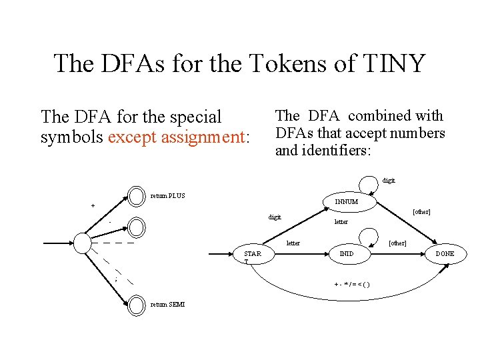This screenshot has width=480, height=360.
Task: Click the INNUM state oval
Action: click(x=347, y=201)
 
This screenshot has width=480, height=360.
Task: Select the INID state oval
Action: click(x=347, y=254)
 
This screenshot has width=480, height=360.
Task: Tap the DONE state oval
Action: click(x=445, y=254)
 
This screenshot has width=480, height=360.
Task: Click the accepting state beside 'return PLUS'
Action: click(x=137, y=195)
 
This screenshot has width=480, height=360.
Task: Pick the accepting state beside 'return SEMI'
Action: click(x=137, y=305)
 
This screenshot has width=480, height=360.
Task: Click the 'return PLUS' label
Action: click(x=168, y=195)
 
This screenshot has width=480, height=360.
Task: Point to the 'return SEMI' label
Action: click(x=168, y=305)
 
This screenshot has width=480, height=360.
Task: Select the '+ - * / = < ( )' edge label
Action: click(x=352, y=285)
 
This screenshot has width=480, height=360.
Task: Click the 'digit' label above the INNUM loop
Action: click(x=389, y=180)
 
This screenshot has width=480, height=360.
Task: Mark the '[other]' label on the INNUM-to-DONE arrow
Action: click(x=421, y=212)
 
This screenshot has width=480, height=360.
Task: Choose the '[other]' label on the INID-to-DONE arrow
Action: click(x=397, y=243)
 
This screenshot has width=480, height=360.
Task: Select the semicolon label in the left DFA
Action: click(x=115, y=280)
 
